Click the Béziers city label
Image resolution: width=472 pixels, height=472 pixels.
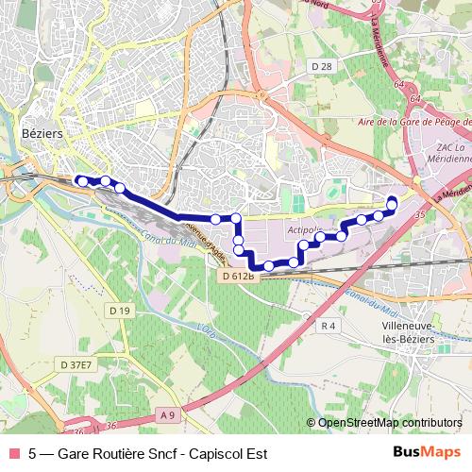[x=42, y=134]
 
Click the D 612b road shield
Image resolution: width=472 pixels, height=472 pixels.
[x=240, y=276]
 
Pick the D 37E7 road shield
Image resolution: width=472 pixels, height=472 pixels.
[x=76, y=364]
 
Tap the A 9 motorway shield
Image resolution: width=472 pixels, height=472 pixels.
[x=168, y=413]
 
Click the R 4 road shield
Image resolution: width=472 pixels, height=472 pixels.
[x=329, y=326]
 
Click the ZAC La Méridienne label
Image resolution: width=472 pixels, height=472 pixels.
[x=452, y=153]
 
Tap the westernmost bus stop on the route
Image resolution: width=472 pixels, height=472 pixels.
[x=82, y=180]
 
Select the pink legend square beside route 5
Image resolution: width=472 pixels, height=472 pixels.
[x=13, y=452]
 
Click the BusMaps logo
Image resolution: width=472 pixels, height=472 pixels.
[x=426, y=452]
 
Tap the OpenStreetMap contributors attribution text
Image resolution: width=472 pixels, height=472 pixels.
[x=390, y=422]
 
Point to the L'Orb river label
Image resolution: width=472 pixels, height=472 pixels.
[x=208, y=330]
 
